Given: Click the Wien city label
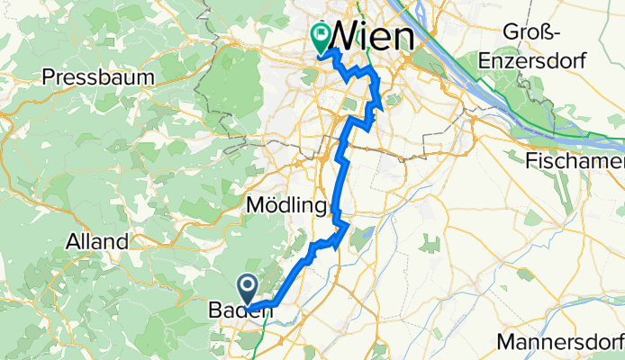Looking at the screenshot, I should click(374, 37).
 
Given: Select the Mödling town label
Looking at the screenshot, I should click(285, 207).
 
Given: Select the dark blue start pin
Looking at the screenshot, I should click(249, 288).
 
